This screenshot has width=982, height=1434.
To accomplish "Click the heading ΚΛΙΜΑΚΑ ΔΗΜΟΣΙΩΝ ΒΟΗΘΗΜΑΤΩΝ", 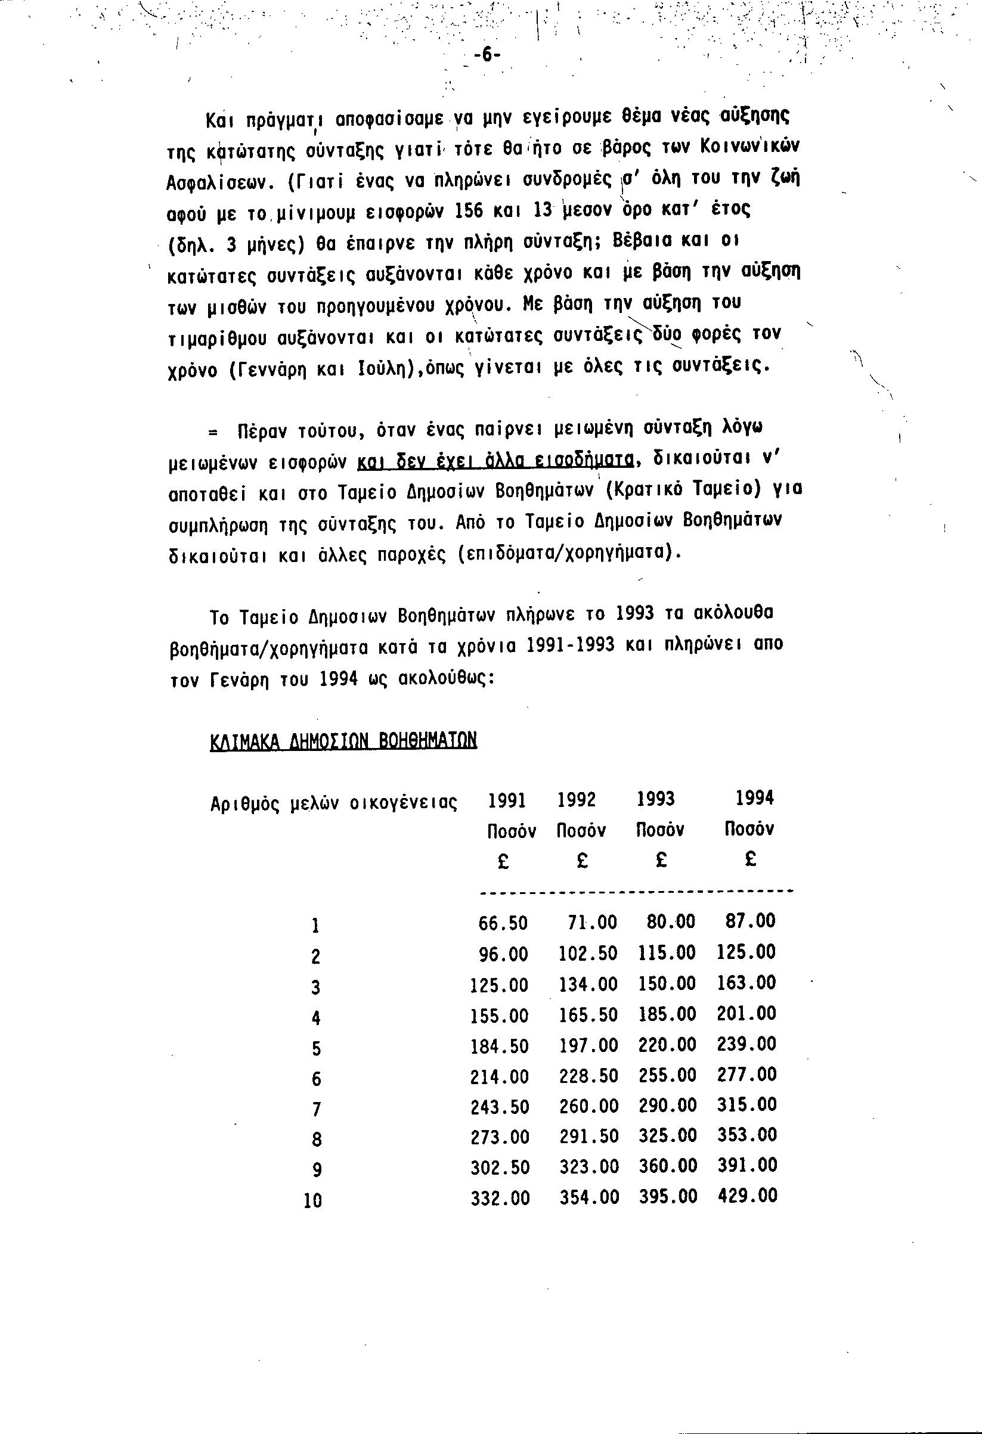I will pos(343,740).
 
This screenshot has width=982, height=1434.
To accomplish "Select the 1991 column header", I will pos(507,801).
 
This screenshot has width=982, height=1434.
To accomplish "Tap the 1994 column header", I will pos(754,799).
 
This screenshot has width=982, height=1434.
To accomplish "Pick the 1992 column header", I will pos(577,800).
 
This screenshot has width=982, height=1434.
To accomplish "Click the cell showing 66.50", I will pos(503,923).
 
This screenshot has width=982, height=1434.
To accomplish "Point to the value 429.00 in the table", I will pos(748,1196).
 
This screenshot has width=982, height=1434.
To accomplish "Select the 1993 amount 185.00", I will pos(667,1014).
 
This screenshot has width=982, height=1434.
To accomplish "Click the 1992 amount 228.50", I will pos(589,1075).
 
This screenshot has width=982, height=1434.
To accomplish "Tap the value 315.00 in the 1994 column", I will pos(748,1104).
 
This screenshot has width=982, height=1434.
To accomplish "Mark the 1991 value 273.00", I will pos(500,1137).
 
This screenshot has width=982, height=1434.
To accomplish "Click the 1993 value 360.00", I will pos(668,1166).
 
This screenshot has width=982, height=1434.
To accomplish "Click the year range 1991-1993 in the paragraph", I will pos(572,644).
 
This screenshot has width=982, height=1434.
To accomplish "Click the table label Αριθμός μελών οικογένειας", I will pos(333,804).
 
